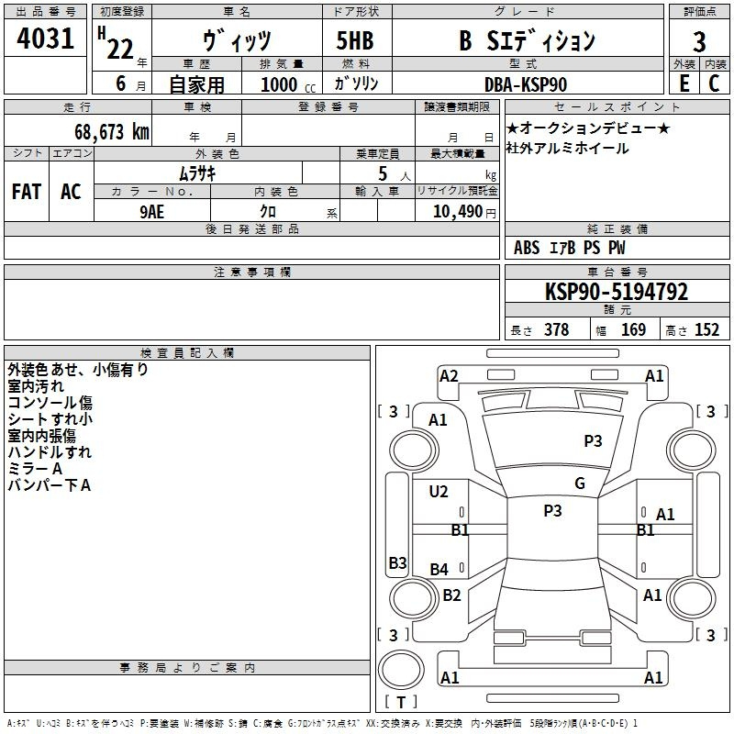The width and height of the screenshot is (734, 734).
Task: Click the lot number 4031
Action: tap(45, 39)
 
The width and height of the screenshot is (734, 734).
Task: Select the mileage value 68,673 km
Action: tap(112, 132)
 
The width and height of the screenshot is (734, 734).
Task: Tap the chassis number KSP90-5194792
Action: tap(617, 292)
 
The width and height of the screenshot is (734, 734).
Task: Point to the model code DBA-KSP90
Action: tap(526, 84)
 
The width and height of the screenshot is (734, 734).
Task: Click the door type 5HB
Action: tap(355, 40)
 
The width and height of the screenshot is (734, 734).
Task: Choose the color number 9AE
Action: tap(151, 212)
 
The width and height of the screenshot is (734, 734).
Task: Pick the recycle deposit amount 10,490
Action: tap(458, 212)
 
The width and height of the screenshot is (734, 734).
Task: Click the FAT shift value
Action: tap(27, 192)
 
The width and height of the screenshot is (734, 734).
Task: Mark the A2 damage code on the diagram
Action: tap(449, 376)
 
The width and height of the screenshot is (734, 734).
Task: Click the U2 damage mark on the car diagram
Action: tap(439, 492)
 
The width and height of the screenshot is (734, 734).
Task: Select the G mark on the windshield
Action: tap(580, 484)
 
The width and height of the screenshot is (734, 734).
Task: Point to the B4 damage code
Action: tap(439, 570)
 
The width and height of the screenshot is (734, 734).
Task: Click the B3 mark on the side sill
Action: tap(397, 562)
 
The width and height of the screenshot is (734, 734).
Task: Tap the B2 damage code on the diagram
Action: tap(451, 595)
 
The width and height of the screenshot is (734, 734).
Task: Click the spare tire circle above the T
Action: tap(401, 670)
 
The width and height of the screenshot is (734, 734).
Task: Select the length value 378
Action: tap(556, 330)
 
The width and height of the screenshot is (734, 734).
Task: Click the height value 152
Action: tap(706, 330)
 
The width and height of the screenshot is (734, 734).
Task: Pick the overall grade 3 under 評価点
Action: tap(699, 42)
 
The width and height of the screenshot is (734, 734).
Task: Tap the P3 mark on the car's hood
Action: tap(593, 441)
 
